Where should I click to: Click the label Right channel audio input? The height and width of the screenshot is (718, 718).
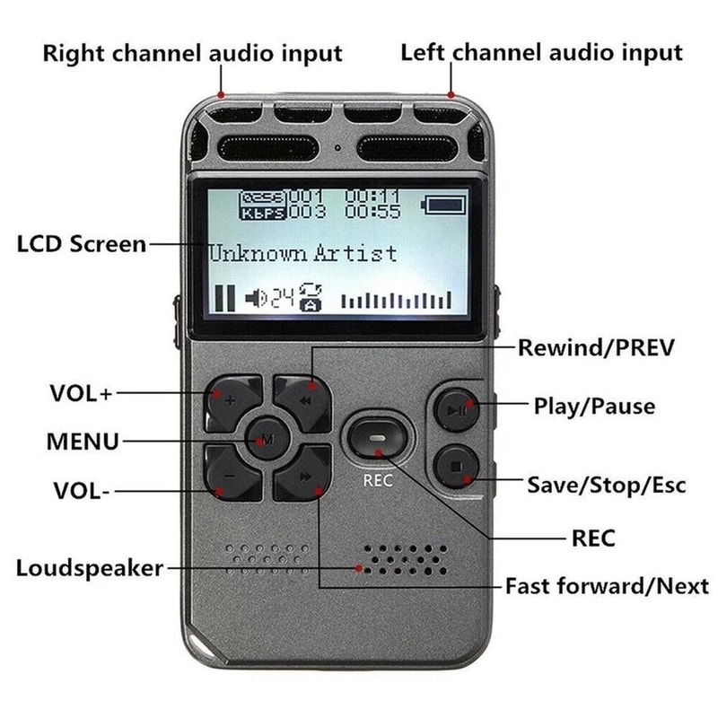193,53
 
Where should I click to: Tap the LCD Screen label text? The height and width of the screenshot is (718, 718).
81,244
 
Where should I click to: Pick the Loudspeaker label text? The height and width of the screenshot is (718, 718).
91,568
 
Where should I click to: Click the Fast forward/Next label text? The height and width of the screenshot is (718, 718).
607,587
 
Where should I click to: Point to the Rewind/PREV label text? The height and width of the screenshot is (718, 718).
595,347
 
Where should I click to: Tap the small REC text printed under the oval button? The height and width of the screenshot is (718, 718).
378,480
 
